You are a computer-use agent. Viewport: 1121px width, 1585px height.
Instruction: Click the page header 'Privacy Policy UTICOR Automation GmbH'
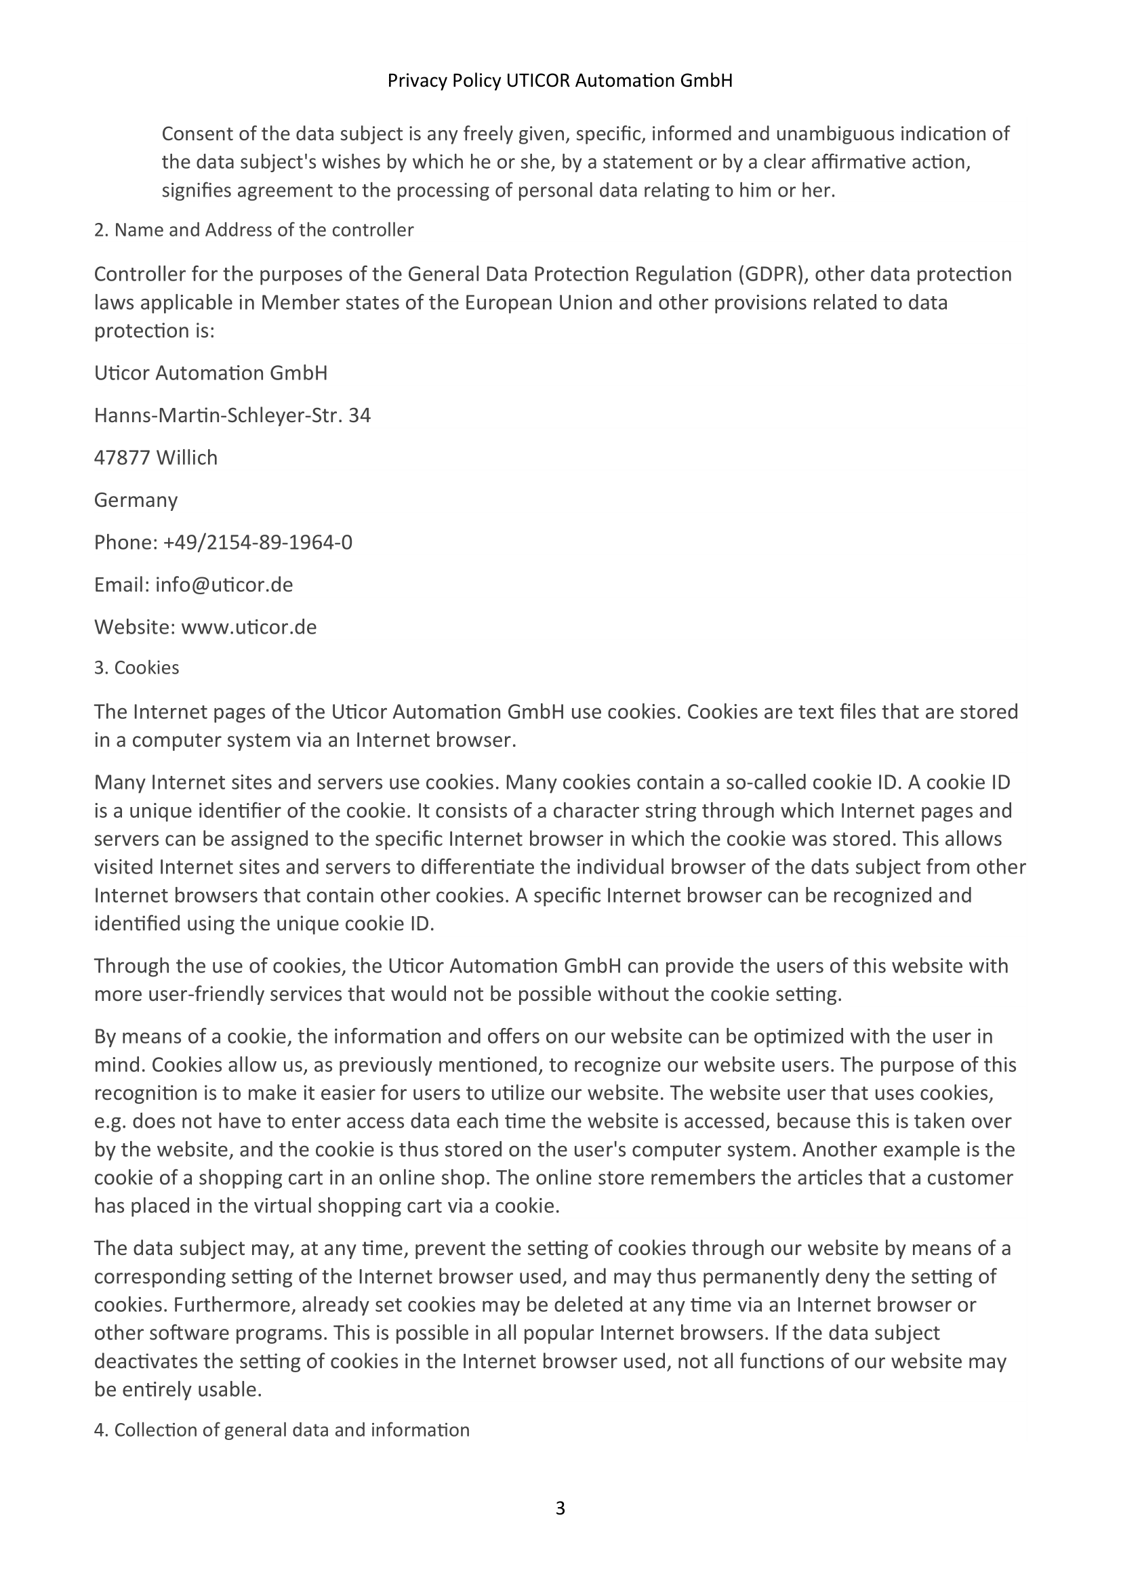click(x=560, y=81)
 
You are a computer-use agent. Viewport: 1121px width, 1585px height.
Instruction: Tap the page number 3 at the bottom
click(x=560, y=1508)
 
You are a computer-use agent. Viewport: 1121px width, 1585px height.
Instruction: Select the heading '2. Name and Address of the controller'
click(x=253, y=230)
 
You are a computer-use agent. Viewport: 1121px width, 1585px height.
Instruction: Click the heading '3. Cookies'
click(x=137, y=667)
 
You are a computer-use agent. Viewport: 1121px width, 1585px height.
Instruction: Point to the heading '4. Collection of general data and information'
click(x=282, y=1430)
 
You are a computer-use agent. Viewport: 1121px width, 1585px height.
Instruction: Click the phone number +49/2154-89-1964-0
click(x=258, y=543)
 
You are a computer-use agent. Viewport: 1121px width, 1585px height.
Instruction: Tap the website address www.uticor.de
click(x=249, y=627)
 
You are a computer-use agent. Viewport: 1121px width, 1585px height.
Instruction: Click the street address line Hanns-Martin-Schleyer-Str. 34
click(x=232, y=415)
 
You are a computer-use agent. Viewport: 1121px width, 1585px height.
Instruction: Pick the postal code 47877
click(x=121, y=457)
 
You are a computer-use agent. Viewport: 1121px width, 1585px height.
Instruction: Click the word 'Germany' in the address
click(x=136, y=500)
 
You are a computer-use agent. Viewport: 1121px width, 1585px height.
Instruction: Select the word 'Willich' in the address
click(x=187, y=457)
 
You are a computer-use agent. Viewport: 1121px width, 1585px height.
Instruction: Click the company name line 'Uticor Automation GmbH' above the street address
click(x=211, y=373)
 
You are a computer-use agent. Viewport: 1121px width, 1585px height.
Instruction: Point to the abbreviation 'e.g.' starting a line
click(x=110, y=1121)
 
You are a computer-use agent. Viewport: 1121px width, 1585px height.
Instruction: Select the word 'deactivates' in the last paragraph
click(x=142, y=1362)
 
